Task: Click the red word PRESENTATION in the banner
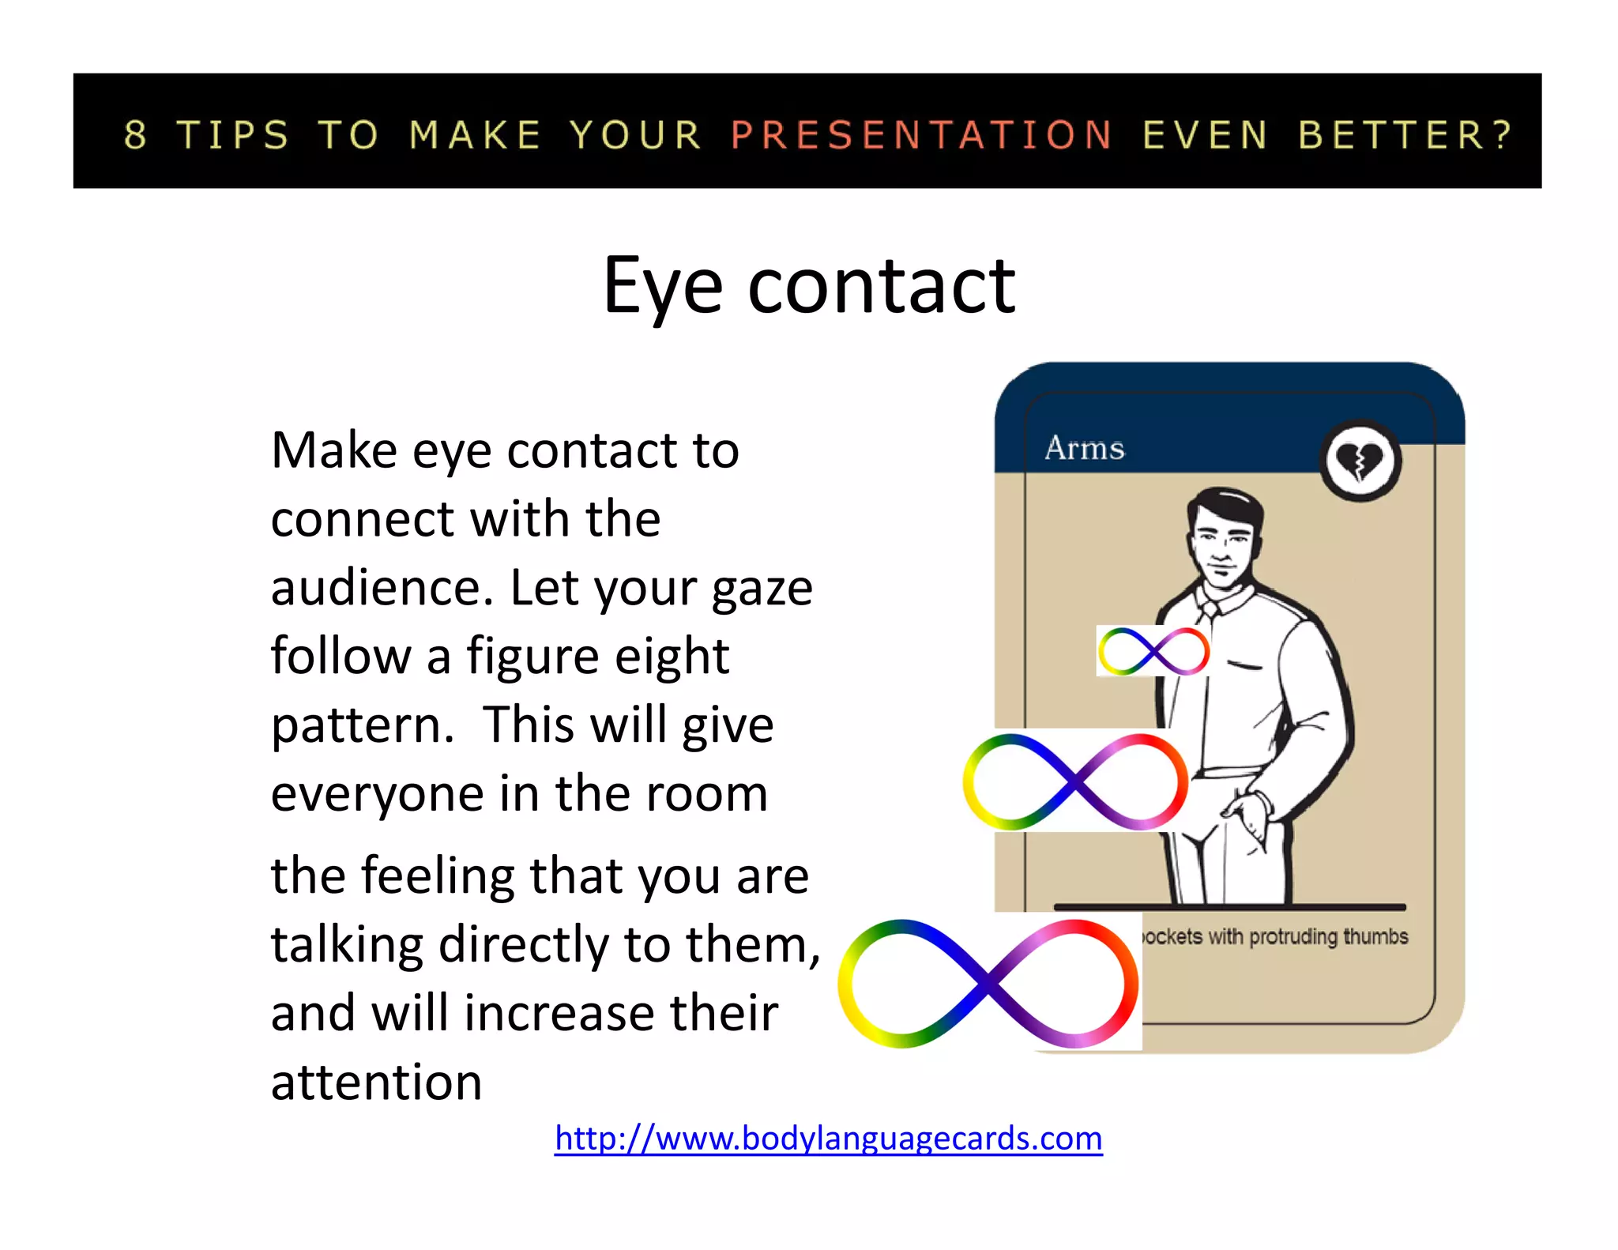click(x=921, y=135)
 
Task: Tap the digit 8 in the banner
click(x=136, y=135)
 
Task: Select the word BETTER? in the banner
click(x=1405, y=135)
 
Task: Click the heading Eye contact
click(x=809, y=286)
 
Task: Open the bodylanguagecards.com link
click(x=828, y=1139)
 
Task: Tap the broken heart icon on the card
click(x=1360, y=461)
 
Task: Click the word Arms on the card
click(x=1084, y=448)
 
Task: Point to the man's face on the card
click(x=1222, y=541)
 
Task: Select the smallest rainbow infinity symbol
click(x=1153, y=651)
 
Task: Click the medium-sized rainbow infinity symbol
click(x=1075, y=781)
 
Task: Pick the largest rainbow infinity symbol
click(x=988, y=984)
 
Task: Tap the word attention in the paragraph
click(x=376, y=1082)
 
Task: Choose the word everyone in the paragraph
click(x=377, y=794)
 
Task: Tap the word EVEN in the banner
click(x=1206, y=135)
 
